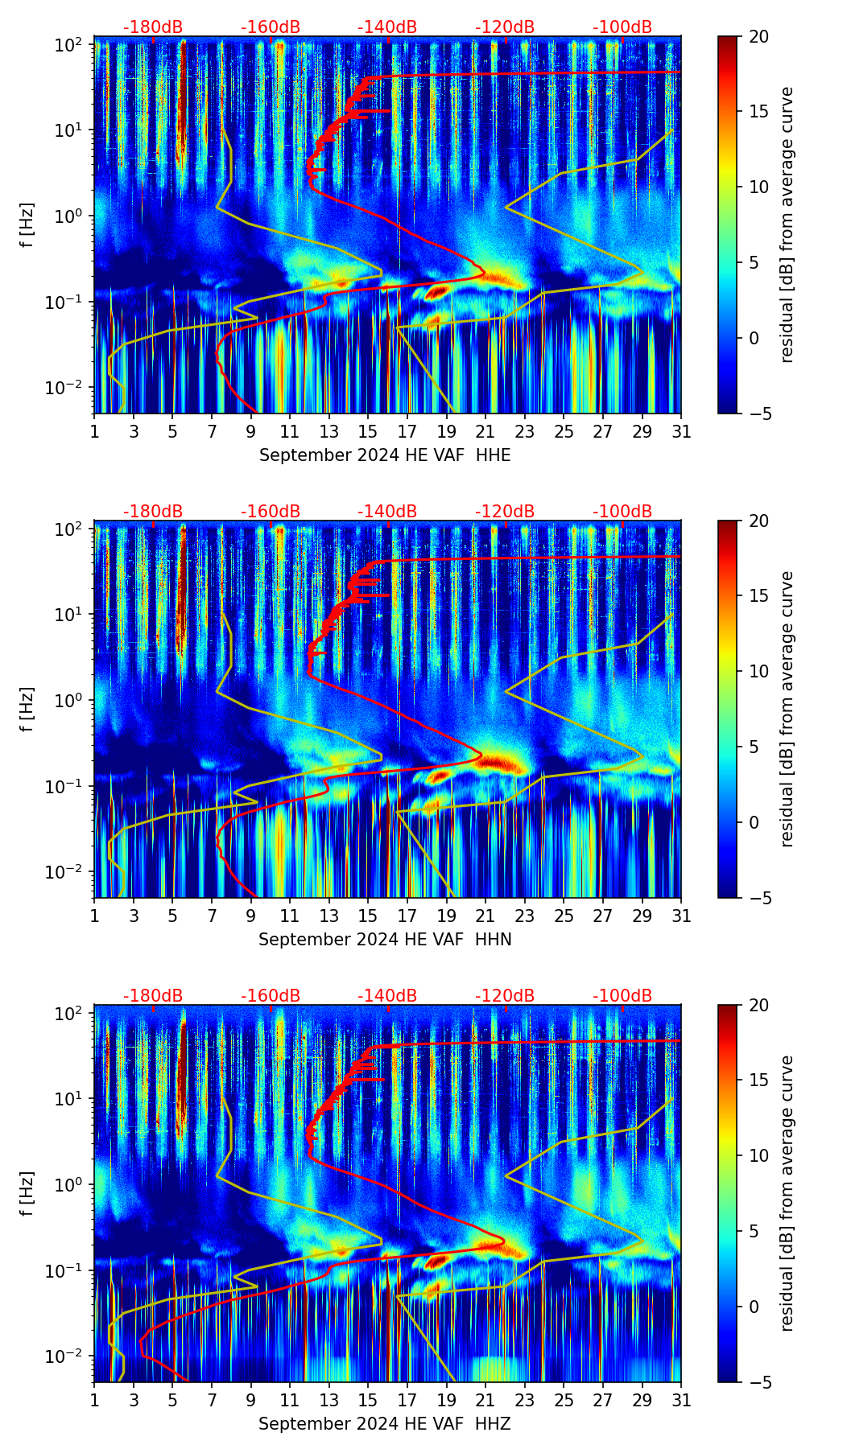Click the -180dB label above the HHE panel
point(153,27)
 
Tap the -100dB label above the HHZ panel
point(622,996)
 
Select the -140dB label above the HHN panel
point(387,512)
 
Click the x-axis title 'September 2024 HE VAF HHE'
point(385,455)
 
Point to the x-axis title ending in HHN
point(385,940)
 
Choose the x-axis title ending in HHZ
point(385,1424)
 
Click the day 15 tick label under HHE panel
point(368,432)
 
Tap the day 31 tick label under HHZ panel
point(681,1401)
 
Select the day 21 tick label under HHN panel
point(485,916)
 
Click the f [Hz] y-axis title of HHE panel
point(28,225)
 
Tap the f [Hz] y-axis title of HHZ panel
point(28,1194)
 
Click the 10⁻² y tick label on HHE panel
point(70,388)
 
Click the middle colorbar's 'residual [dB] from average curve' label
point(787,709)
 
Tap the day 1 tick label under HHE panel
point(94,432)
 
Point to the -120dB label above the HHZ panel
point(505,996)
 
